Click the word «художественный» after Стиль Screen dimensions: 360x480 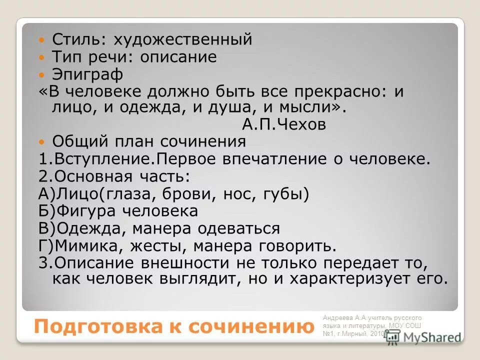[x=182, y=39]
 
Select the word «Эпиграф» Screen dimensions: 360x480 [x=87, y=75]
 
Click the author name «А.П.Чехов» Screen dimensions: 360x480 [x=283, y=124]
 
